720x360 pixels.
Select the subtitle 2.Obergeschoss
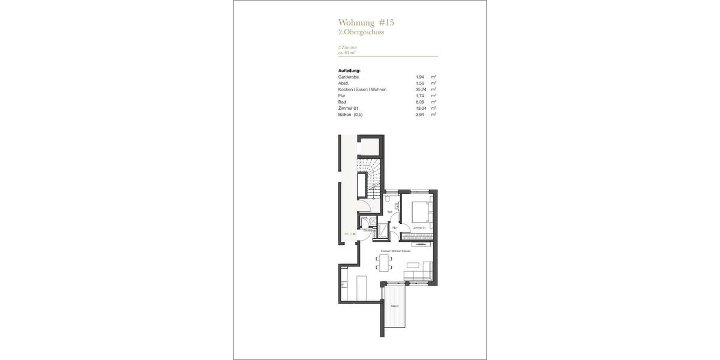click(361, 32)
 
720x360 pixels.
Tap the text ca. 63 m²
click(347, 52)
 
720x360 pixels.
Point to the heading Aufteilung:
click(349, 71)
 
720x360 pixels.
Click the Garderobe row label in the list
click(349, 77)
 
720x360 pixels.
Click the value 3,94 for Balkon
click(421, 114)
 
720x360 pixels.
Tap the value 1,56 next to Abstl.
click(421, 83)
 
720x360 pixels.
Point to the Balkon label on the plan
click(394, 306)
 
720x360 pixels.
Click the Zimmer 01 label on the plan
click(419, 228)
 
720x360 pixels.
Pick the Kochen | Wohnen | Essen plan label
click(396, 251)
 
